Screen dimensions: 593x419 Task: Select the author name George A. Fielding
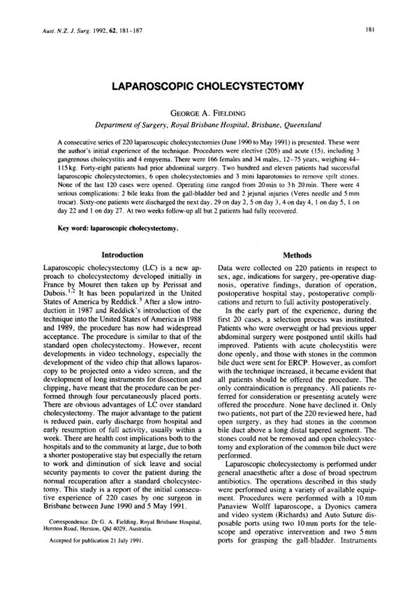[x=209, y=112]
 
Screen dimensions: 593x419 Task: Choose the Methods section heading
[x=297, y=256]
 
